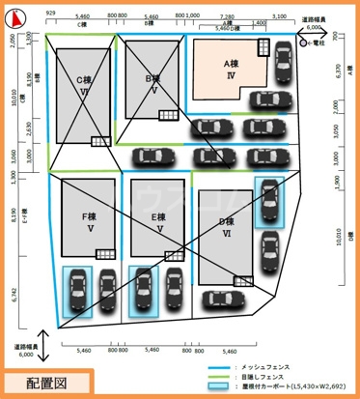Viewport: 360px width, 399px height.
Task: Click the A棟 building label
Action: pos(230,64)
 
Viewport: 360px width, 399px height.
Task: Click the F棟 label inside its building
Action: pos(86,218)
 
